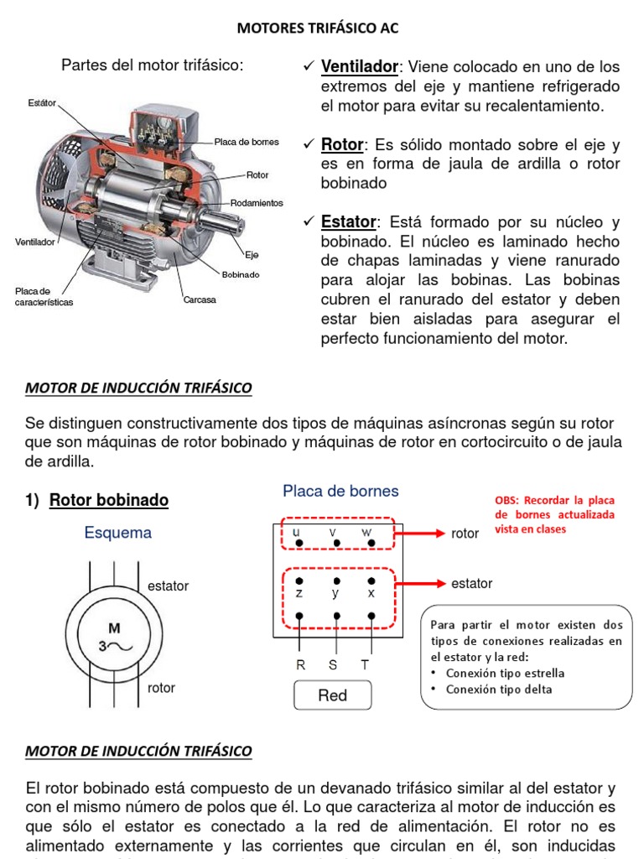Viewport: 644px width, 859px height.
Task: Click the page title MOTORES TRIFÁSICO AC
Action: [318, 29]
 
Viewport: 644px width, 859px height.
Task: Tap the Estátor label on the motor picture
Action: [42, 103]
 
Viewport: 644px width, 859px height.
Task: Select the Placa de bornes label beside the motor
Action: [247, 142]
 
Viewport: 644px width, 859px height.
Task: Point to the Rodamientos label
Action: [257, 203]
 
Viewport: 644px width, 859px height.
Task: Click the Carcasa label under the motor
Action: [200, 299]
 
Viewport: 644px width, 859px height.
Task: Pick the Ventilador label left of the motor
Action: [35, 242]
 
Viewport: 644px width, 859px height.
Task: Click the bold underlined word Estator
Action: [349, 222]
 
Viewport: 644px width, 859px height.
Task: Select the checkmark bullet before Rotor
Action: [309, 145]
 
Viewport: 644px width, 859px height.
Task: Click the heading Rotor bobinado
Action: [109, 501]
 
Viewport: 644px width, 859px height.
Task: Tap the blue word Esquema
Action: [118, 533]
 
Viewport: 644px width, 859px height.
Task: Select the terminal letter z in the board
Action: [299, 592]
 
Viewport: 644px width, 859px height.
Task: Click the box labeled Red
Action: [333, 695]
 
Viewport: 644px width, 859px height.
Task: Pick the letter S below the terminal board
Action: [333, 664]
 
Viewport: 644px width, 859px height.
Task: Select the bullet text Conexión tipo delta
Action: [505, 690]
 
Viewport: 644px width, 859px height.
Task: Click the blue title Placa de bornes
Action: [340, 492]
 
